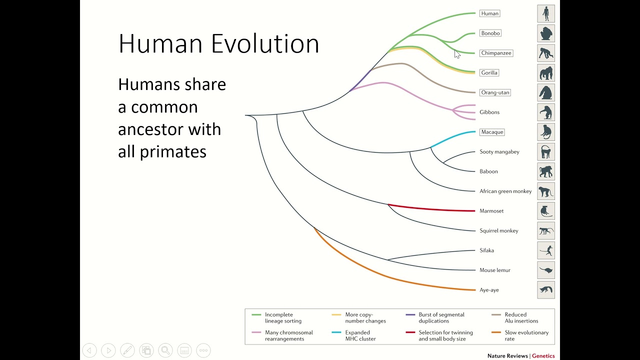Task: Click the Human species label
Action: (x=490, y=13)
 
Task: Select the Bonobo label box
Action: (x=490, y=33)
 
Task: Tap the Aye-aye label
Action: (x=489, y=290)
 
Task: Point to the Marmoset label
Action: (x=491, y=211)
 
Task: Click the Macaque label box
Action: (x=492, y=132)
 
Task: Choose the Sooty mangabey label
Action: (x=499, y=152)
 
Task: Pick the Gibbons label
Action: (x=489, y=112)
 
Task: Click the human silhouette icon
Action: (x=546, y=13)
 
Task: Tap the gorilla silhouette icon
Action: (x=546, y=73)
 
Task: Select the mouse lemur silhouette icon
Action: (x=546, y=270)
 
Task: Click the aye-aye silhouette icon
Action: (x=546, y=290)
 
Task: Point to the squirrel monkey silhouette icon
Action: (x=546, y=231)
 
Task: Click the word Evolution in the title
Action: (x=265, y=44)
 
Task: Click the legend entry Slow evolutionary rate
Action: (x=526, y=335)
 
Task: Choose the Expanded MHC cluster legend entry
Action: (x=360, y=335)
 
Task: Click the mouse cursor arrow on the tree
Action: (x=456, y=53)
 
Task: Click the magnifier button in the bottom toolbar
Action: (x=165, y=350)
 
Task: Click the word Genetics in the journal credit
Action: (x=543, y=356)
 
